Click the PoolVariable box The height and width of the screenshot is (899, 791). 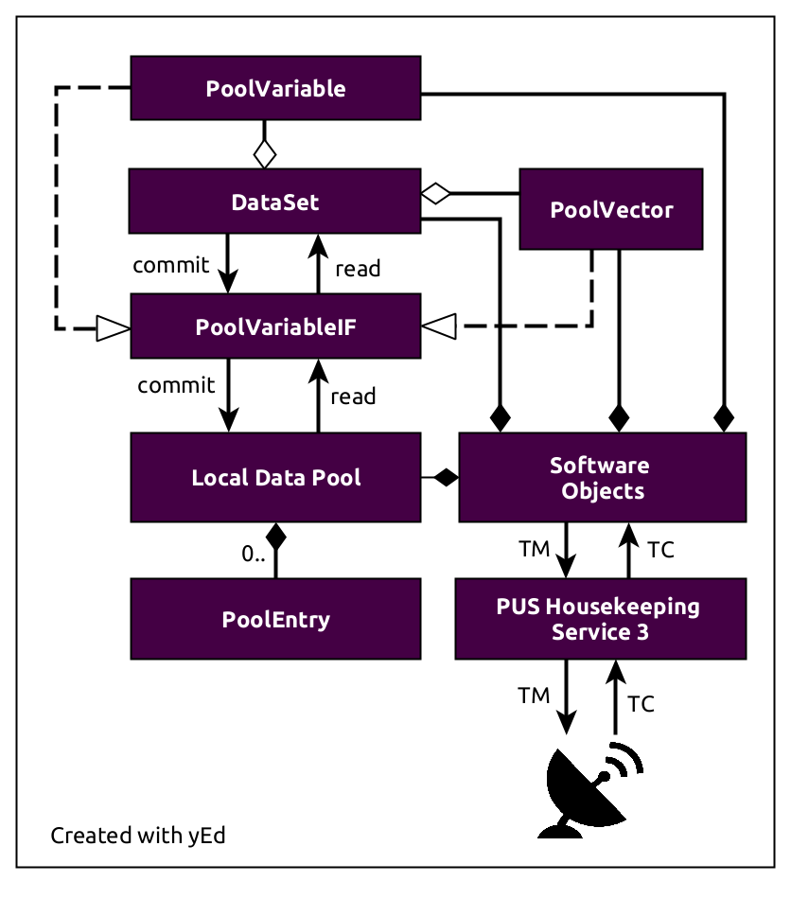pos(275,89)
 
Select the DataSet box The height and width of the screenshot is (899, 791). pos(275,202)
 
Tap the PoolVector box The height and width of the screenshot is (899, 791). pos(611,209)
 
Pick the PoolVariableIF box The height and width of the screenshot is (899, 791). pos(275,326)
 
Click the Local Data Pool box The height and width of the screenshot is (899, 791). pos(275,477)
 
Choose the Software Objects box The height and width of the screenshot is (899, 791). pos(602,478)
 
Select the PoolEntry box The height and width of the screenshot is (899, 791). pos(275,620)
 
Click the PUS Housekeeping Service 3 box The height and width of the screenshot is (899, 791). pos(600,619)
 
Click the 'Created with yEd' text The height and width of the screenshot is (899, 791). pos(138,836)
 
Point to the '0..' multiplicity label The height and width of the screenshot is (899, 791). pos(254,555)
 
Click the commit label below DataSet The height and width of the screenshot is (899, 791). pos(171,265)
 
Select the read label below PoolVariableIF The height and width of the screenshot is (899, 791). pos(353,396)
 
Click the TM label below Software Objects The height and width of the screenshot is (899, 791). pos(534,549)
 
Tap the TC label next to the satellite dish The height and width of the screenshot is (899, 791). pos(641,704)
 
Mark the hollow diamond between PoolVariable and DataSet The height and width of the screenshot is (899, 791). pos(265,151)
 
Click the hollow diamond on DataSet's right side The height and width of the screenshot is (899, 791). pos(435,193)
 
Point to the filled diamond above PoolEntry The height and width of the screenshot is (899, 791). pos(275,537)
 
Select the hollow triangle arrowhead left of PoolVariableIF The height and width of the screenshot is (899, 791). pos(112,328)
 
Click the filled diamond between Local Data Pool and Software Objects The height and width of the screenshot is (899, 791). pos(444,478)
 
